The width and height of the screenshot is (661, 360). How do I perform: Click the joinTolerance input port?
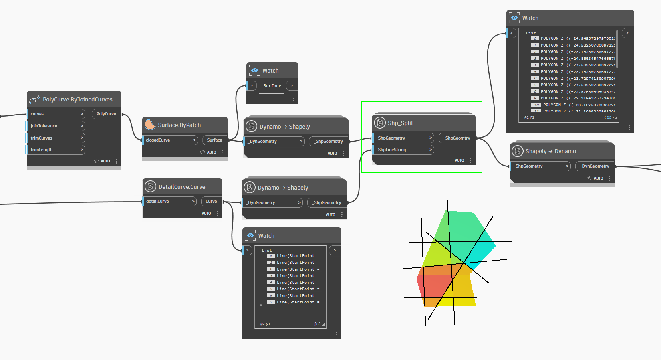[56, 126]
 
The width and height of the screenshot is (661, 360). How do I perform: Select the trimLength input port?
[56, 150]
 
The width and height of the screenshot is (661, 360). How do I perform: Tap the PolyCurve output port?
[106, 114]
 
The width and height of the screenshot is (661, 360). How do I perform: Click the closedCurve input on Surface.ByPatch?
[170, 140]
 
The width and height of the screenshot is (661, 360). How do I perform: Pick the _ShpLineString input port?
[403, 150]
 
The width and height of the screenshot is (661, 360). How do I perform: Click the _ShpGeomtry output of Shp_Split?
[457, 138]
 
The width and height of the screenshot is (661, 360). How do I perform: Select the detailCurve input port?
[169, 201]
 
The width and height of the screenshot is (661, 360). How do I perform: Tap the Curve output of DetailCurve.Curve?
[211, 201]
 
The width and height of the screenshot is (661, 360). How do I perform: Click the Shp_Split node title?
[400, 123]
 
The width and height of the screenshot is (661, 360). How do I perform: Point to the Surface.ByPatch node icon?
[150, 125]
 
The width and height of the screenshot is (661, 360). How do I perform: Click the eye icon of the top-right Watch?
[514, 18]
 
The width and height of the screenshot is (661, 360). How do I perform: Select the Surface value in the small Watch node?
[272, 86]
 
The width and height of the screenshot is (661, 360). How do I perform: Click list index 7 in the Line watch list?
[271, 302]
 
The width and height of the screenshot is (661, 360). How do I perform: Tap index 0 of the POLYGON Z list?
[535, 38]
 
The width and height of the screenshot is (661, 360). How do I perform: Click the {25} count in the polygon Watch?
[609, 117]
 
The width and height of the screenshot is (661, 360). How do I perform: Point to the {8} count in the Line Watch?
[317, 324]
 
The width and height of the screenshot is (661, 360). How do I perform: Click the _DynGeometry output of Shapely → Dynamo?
[595, 166]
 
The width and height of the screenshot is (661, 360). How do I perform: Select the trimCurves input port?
[56, 138]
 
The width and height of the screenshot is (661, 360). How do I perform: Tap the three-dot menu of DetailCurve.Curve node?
[218, 214]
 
